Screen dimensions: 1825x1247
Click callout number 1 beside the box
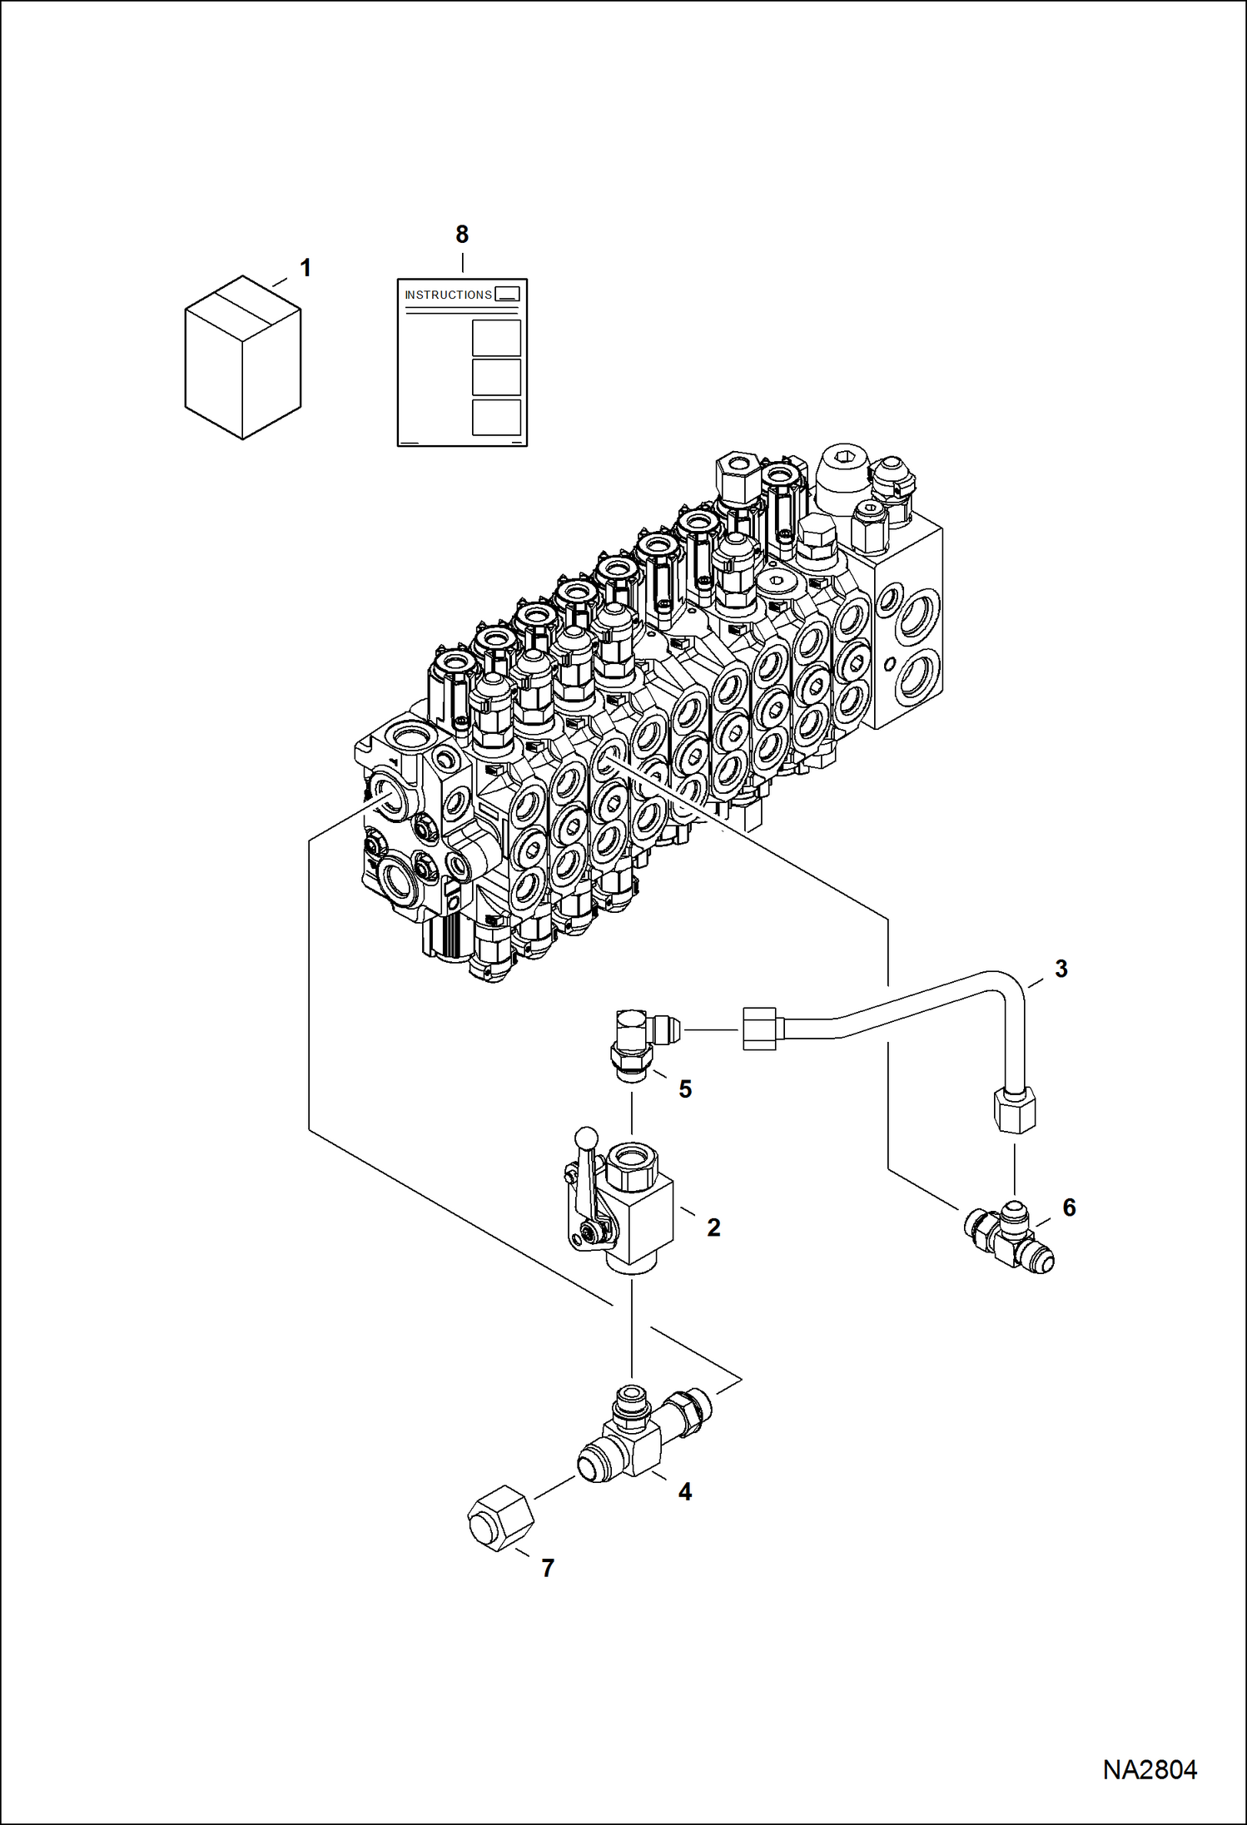pyautogui.click(x=306, y=268)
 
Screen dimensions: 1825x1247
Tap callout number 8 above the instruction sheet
pyautogui.click(x=462, y=235)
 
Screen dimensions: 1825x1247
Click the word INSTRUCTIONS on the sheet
pyautogui.click(x=448, y=295)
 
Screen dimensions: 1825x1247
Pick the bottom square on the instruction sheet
pyautogui.click(x=496, y=417)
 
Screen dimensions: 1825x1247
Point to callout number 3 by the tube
pyautogui.click(x=1061, y=969)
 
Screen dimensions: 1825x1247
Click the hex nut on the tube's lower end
pyautogui.click(x=1015, y=1112)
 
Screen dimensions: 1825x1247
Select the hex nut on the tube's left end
pyautogui.click(x=758, y=1028)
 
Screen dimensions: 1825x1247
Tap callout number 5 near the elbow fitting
pyautogui.click(x=685, y=1089)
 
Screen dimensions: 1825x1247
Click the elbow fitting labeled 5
pyautogui.click(x=637, y=1042)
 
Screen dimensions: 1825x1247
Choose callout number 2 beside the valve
pyautogui.click(x=713, y=1227)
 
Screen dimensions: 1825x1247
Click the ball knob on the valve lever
pyautogui.click(x=586, y=1137)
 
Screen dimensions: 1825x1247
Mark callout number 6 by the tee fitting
pyautogui.click(x=1069, y=1208)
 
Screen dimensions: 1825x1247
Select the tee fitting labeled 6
pyautogui.click(x=1011, y=1237)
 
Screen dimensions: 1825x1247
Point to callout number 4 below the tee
pyautogui.click(x=685, y=1492)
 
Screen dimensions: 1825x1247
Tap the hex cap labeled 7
pyautogui.click(x=500, y=1520)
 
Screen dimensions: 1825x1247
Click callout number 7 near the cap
pyautogui.click(x=547, y=1568)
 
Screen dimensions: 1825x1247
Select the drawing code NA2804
pyautogui.click(x=1150, y=1770)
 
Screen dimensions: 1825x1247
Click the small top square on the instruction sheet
pyautogui.click(x=507, y=294)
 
